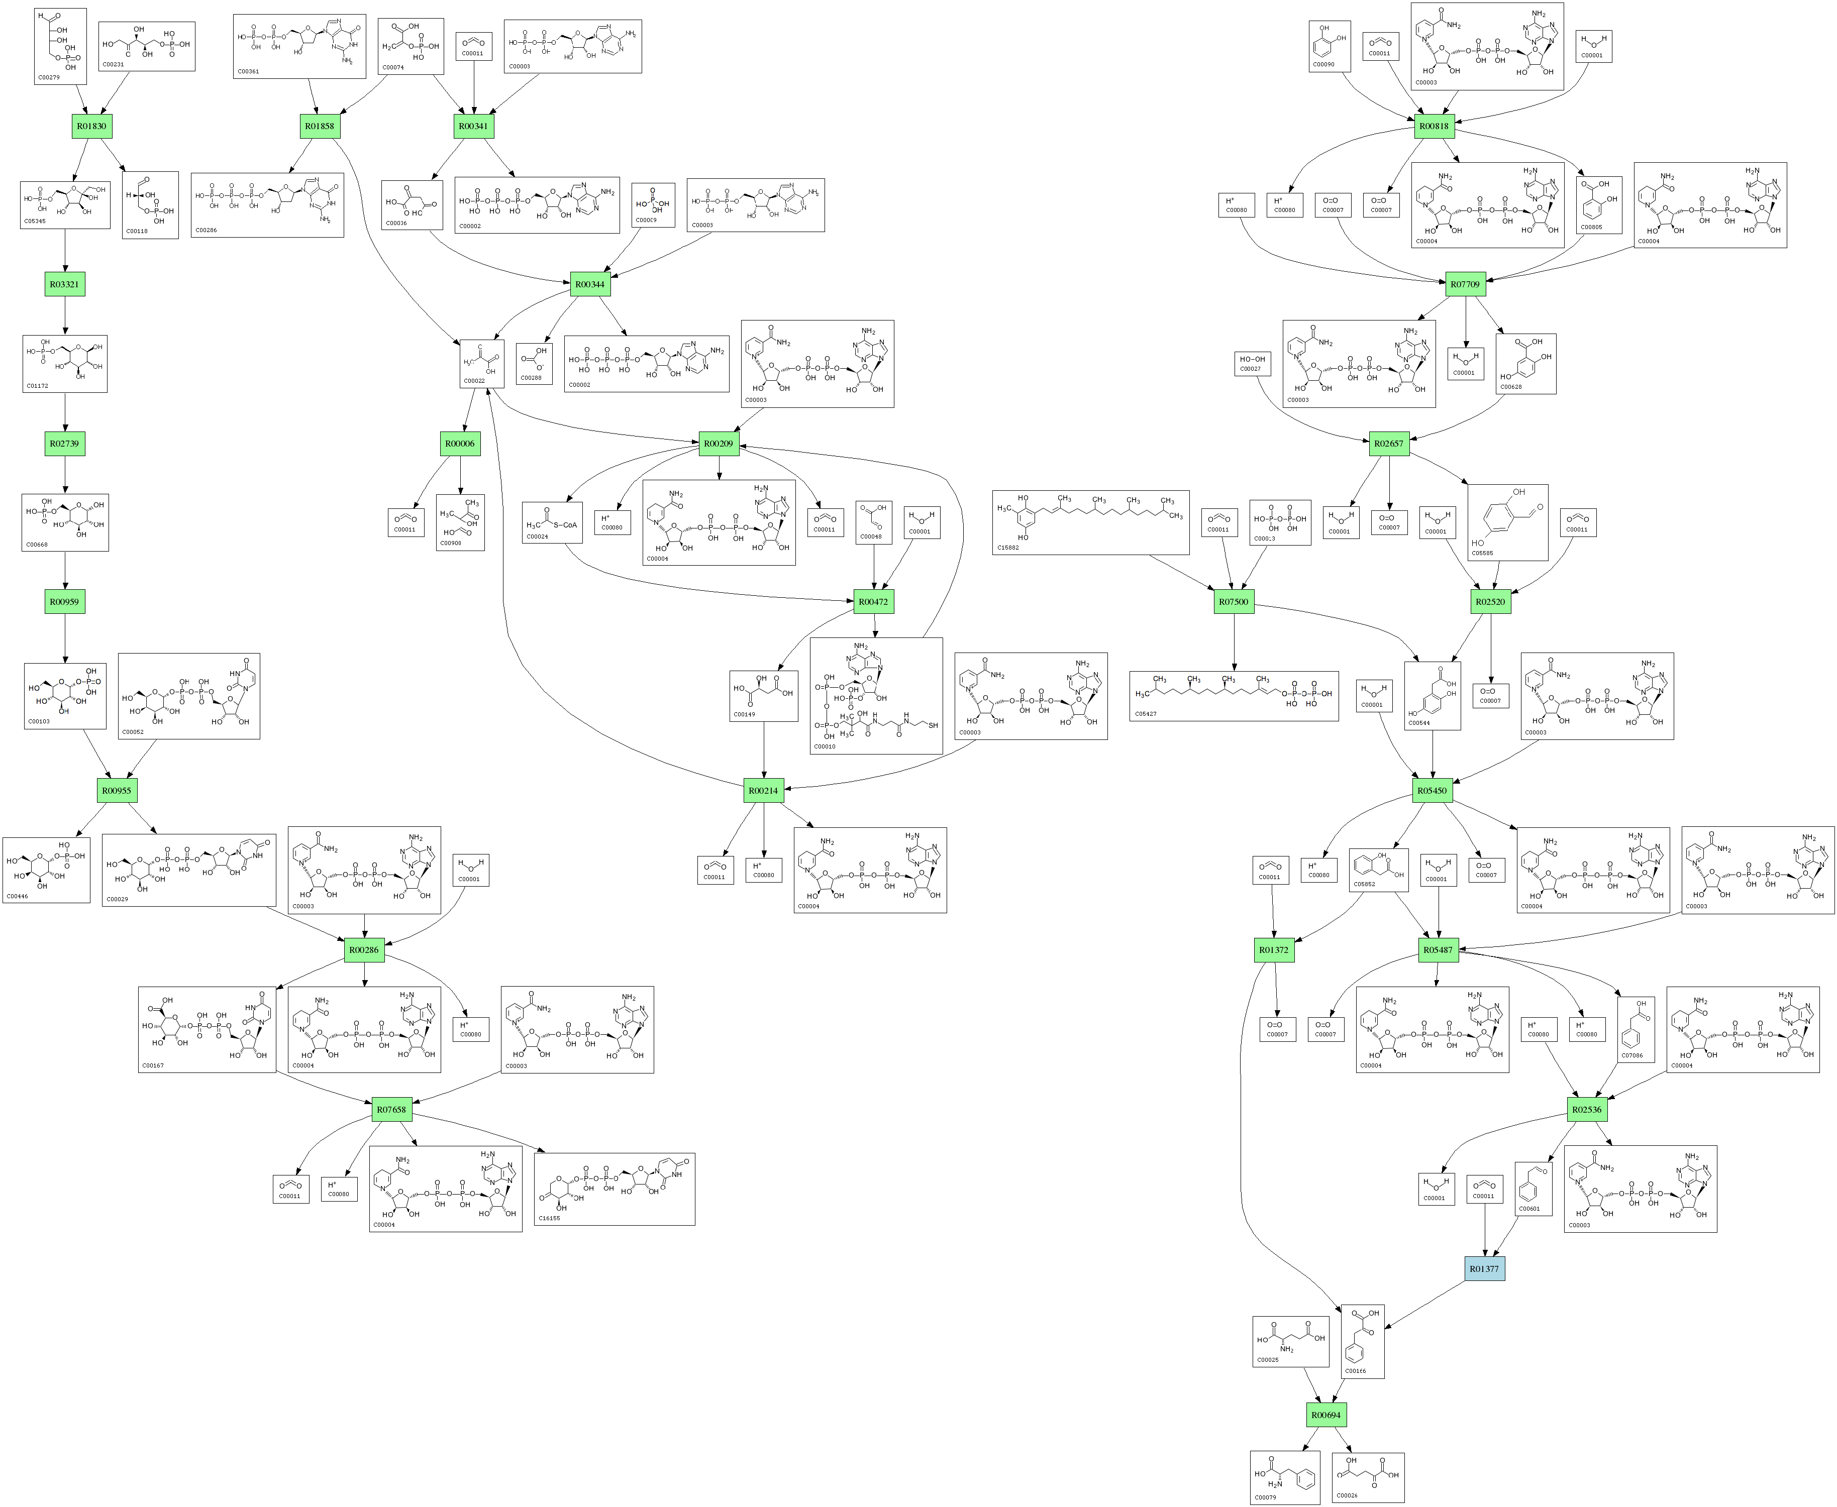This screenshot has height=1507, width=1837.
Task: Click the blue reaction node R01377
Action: pos(1484,1268)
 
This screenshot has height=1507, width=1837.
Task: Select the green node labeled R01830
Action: pos(91,126)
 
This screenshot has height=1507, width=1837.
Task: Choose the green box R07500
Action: pos(1234,602)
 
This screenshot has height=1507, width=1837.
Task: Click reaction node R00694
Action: pos(1325,1415)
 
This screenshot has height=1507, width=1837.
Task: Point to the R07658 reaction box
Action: pos(391,1110)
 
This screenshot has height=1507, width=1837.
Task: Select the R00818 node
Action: pos(1434,126)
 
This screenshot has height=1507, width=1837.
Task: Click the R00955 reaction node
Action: pos(117,791)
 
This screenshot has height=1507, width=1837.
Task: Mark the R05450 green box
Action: pos(1433,791)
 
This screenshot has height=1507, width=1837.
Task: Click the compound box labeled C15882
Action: pos(1090,522)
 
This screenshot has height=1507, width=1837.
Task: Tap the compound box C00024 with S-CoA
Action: pos(551,522)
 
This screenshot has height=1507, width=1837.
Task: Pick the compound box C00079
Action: pos(1285,1477)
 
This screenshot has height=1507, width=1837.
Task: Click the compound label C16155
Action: pos(549,1218)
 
